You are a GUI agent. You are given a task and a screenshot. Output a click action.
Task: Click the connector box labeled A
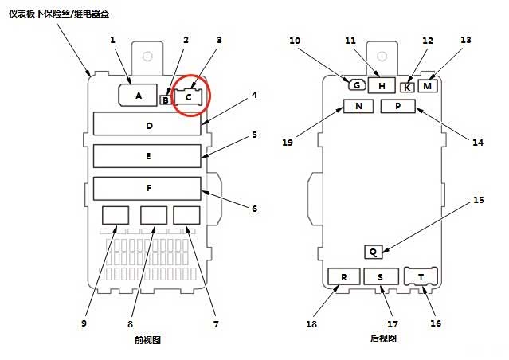(x=138, y=96)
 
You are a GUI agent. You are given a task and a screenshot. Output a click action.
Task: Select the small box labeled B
(x=165, y=100)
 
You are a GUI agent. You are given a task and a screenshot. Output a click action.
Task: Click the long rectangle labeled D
(x=148, y=125)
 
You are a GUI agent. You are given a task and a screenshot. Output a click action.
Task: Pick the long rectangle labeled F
(x=148, y=187)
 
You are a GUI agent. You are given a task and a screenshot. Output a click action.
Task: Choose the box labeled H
(x=382, y=84)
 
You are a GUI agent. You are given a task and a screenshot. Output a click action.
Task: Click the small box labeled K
(x=407, y=88)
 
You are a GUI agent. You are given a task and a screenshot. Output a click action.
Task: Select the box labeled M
(x=427, y=85)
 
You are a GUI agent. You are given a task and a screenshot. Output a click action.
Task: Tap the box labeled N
(x=358, y=107)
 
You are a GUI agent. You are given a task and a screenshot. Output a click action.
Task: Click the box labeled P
(x=396, y=107)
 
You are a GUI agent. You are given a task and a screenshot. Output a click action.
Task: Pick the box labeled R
(x=344, y=276)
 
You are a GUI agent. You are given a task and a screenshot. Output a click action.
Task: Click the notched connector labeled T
(x=419, y=276)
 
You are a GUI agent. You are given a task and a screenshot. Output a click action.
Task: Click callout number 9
(x=84, y=323)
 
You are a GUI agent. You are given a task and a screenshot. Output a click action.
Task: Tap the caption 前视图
(x=148, y=340)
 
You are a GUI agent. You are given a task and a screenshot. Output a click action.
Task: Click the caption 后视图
(x=383, y=338)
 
